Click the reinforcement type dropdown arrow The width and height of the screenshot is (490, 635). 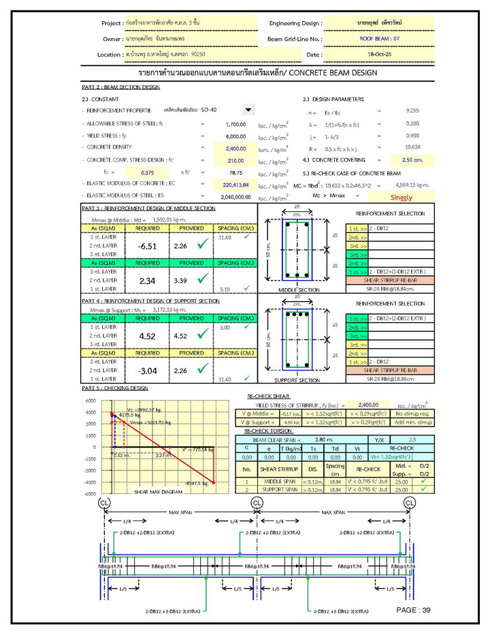point(248,110)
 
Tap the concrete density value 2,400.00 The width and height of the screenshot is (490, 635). point(235,148)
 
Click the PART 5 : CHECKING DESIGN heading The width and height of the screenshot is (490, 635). point(114,388)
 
